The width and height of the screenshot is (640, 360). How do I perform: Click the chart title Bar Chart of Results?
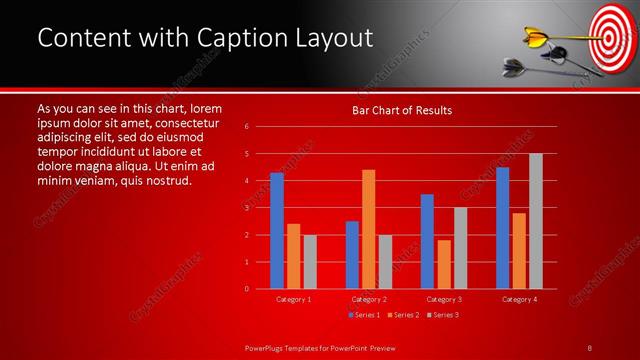(401, 110)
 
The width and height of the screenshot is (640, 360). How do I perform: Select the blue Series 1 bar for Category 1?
(277, 231)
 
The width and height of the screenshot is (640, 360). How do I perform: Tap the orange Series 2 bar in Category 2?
(368, 229)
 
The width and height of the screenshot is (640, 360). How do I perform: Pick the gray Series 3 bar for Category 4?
(535, 221)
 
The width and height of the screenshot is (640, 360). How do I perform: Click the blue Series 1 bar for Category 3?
(427, 241)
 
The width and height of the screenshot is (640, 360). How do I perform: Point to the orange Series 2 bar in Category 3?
(444, 264)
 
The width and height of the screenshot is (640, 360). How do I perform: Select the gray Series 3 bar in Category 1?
(310, 261)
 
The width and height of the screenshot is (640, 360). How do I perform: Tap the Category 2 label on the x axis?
(368, 299)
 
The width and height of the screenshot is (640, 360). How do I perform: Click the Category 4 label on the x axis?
(519, 299)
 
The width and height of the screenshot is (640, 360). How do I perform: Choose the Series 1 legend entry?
(365, 315)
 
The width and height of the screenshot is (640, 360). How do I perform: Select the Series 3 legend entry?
(443, 315)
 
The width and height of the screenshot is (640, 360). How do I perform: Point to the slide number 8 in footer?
(590, 347)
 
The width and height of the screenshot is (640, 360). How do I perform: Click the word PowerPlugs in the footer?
(267, 347)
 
